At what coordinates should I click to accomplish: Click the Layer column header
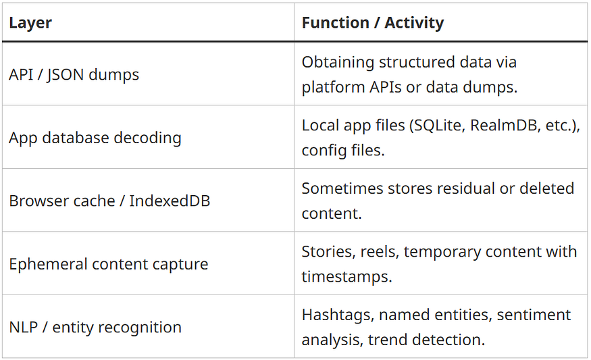click(30, 23)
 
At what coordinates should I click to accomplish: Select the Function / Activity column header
click(373, 23)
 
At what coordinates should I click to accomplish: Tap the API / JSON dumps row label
click(74, 75)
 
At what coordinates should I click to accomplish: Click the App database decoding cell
click(95, 138)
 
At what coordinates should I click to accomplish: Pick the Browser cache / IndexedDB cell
click(109, 201)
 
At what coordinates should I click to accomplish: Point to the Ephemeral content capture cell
click(109, 264)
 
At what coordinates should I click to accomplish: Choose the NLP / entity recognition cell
click(95, 327)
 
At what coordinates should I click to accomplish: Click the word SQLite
click(438, 126)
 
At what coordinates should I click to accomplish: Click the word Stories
click(329, 252)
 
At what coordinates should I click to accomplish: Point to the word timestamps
click(346, 277)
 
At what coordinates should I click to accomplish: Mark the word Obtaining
click(338, 63)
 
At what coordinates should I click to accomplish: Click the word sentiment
click(534, 315)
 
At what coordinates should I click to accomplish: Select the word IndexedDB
click(170, 201)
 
